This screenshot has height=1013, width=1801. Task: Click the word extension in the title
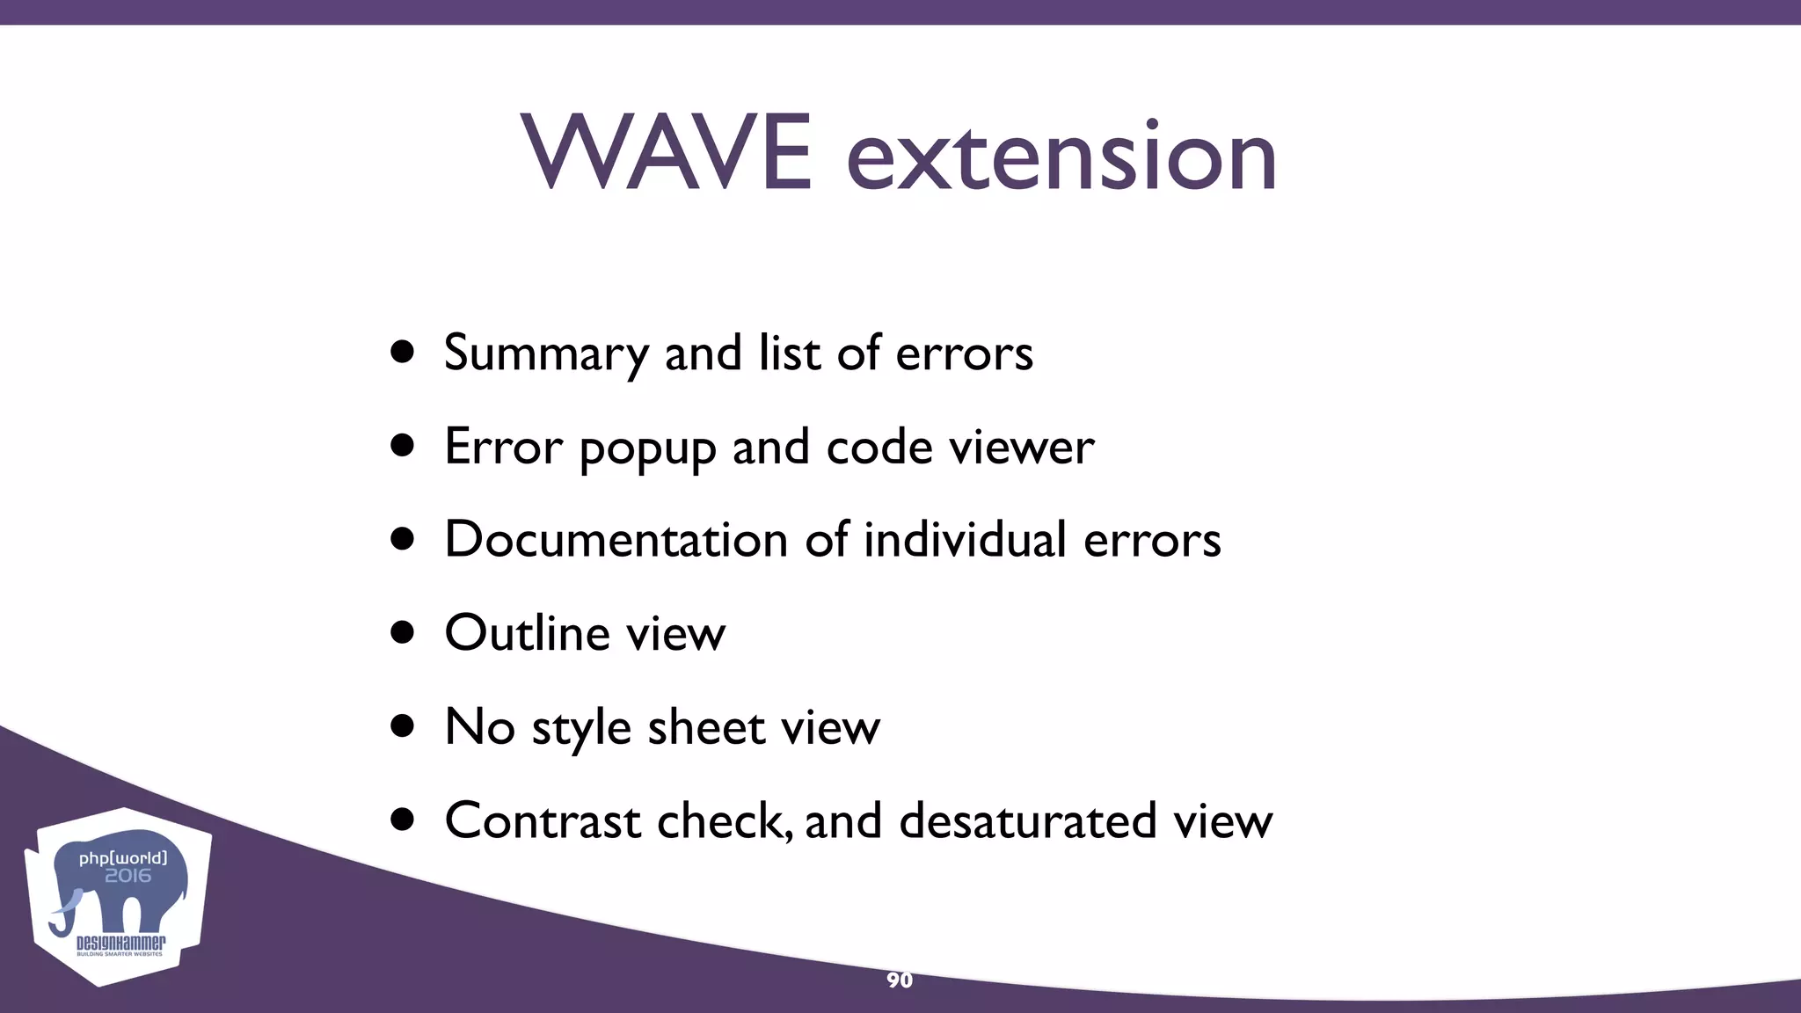[1061, 157]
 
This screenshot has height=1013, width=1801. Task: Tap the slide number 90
[899, 980]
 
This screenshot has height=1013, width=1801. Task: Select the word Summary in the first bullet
[546, 353]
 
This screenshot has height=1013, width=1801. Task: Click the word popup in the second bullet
[647, 448]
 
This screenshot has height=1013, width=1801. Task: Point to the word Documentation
[616, 539]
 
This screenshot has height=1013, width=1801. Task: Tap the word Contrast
[543, 820]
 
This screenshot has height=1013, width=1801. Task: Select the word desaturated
[1027, 820]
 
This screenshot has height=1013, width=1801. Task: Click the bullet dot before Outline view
[403, 632]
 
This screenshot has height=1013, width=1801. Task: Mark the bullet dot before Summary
[403, 353]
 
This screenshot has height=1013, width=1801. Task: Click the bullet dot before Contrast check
[403, 820]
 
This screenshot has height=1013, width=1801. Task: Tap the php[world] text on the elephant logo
[122, 857]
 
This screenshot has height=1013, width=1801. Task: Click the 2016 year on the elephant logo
[128, 876]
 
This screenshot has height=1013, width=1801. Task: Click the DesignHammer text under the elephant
[120, 944]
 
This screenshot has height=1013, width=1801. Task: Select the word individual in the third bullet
[965, 539]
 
